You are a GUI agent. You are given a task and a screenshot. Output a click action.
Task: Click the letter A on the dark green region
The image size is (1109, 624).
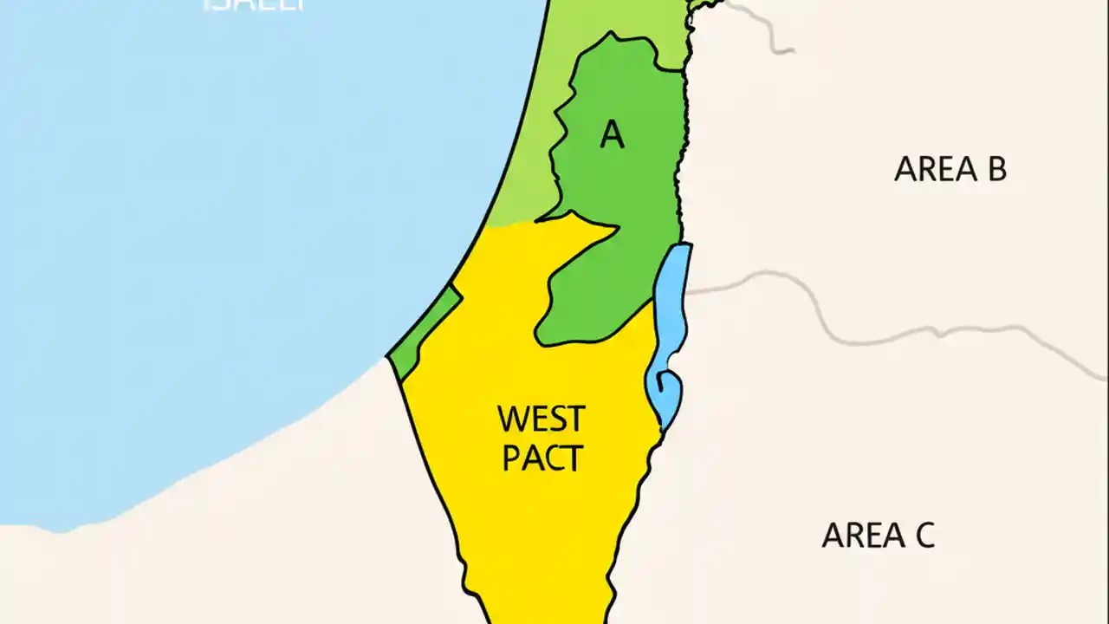[x=612, y=134]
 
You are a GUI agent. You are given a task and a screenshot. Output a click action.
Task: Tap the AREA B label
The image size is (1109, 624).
[x=950, y=169]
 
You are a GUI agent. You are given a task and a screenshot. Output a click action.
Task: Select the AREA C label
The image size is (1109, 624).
[x=878, y=536]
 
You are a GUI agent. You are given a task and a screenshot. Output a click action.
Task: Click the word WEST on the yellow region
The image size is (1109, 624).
[x=542, y=419]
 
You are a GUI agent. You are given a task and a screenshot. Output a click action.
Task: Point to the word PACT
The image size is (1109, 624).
[x=542, y=458]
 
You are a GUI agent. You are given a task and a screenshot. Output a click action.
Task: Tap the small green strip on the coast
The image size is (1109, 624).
[x=425, y=329]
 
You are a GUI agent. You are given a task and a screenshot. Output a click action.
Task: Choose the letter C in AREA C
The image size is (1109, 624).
[x=923, y=536]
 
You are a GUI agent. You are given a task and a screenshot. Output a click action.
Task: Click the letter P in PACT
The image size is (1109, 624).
[x=512, y=458]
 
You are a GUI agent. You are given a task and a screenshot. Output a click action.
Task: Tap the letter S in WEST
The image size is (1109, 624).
[x=558, y=419]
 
